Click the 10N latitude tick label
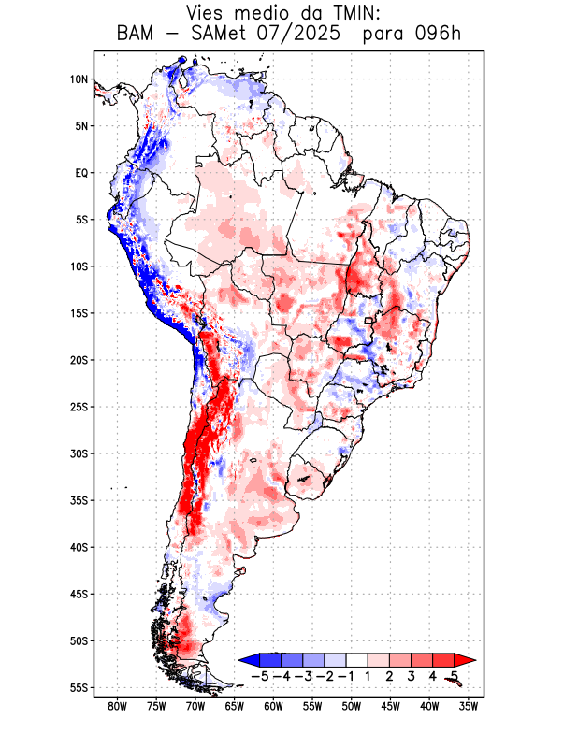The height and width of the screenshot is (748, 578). pyautogui.click(x=79, y=79)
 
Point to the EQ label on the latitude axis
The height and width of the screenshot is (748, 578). pyautogui.click(x=81, y=173)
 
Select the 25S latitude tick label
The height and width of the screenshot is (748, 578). pyautogui.click(x=79, y=407)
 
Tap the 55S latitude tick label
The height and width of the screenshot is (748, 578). pyautogui.click(x=79, y=688)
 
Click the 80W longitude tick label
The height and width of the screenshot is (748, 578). pyautogui.click(x=118, y=707)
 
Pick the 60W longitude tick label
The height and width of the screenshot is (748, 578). pyautogui.click(x=273, y=707)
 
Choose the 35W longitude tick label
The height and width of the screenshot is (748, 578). pyautogui.click(x=469, y=707)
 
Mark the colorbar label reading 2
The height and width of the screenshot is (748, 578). pyautogui.click(x=389, y=675)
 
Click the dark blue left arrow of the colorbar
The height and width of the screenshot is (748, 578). pyautogui.click(x=248, y=659)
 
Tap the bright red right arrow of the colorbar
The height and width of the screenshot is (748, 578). pyautogui.click(x=465, y=659)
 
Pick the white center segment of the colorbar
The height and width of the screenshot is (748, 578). pyautogui.click(x=356, y=659)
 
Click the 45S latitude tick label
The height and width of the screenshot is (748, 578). pyautogui.click(x=79, y=594)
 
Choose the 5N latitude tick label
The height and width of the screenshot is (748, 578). pyautogui.click(x=81, y=126)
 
